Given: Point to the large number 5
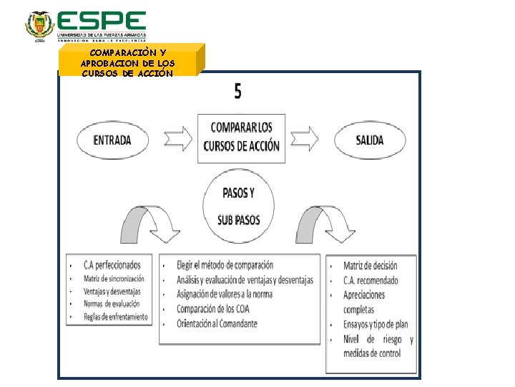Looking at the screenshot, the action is tap(237, 91).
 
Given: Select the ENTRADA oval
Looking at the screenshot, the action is tap(112, 140).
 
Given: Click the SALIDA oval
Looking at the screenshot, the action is tap(370, 140).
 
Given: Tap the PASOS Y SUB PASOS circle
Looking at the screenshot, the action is tap(238, 206).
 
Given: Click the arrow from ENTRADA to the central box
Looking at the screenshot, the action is tap(177, 138).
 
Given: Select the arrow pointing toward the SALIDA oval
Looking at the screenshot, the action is tap(303, 138).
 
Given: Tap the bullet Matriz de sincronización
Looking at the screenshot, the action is tap(114, 278).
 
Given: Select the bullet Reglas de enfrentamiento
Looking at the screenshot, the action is tap(115, 317).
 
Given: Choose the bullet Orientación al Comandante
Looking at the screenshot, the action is tap(217, 324).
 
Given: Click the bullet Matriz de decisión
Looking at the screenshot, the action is tap(370, 267).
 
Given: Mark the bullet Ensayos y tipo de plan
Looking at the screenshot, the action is tap(375, 325).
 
